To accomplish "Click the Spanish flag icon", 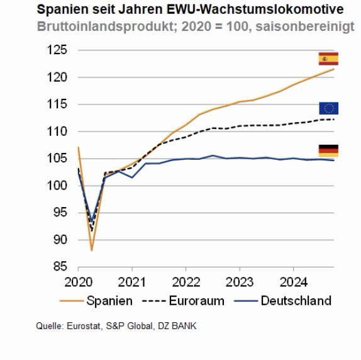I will (328, 59).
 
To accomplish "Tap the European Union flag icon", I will (328, 108).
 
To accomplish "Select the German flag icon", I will (328, 150).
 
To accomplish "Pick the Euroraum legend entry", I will (182, 300).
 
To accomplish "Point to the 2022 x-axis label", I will (186, 281).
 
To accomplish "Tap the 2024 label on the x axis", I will (294, 281).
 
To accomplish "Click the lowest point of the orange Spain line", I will (92, 250).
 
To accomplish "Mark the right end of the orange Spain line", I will (333, 69).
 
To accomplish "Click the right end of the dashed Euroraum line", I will (333, 119).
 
